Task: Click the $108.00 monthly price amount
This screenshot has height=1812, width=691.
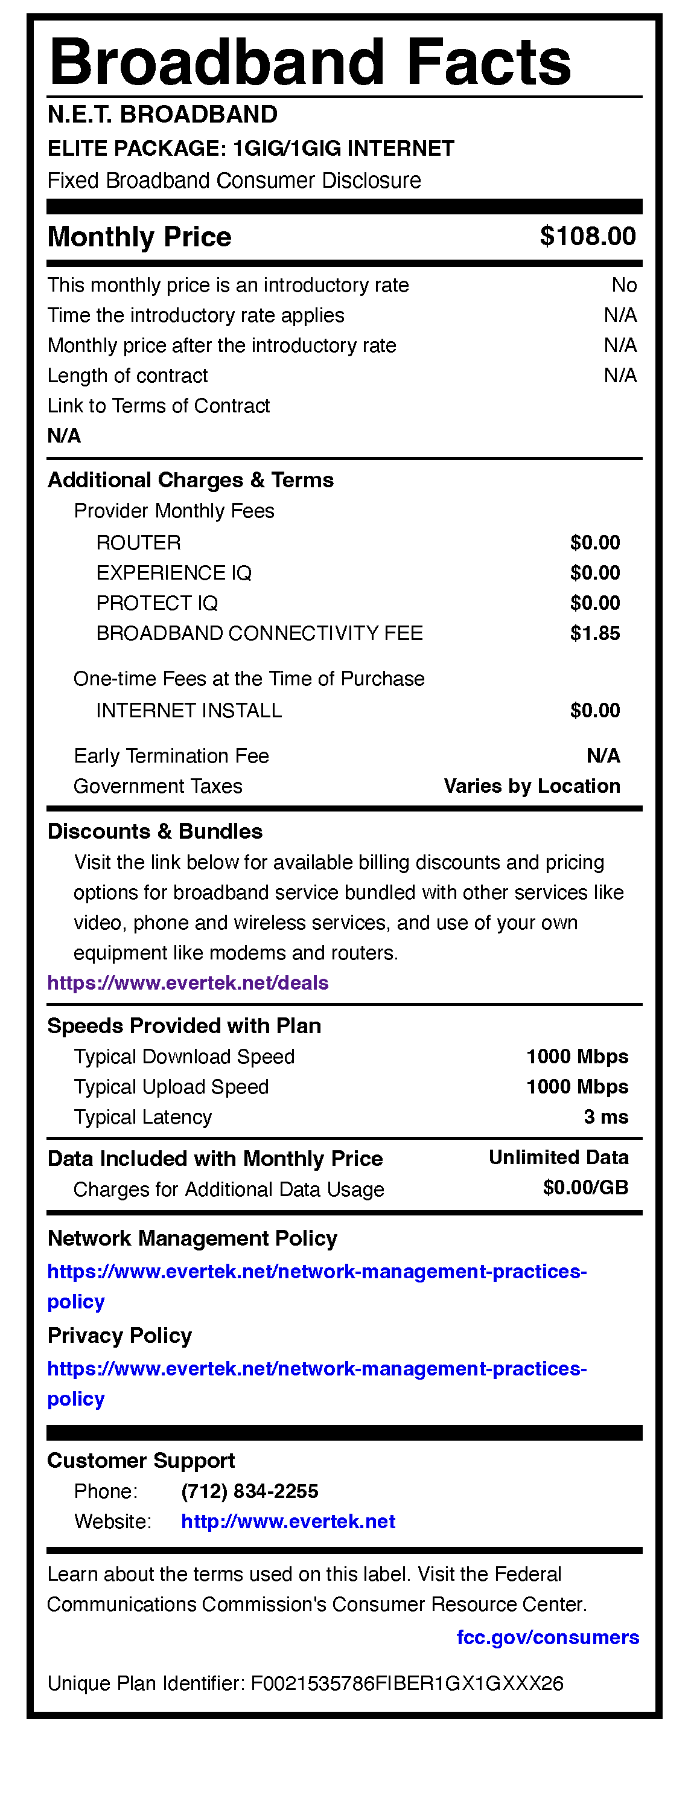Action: pos(588,236)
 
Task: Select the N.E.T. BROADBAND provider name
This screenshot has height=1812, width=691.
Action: pos(162,114)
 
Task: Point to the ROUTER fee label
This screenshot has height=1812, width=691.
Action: pos(138,542)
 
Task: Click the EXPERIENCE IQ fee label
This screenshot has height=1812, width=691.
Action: pos(174,572)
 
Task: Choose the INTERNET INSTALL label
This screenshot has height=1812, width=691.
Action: pos(188,711)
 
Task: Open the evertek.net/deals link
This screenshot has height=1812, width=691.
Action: pos(188,982)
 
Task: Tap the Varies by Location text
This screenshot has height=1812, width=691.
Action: pos(532,786)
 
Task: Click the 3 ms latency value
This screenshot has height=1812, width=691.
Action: pos(606,1117)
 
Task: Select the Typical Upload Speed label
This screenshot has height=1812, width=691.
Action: pos(171,1087)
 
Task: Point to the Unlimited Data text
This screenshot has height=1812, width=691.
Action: pos(558,1157)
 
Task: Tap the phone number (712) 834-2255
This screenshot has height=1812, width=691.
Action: pos(250,1491)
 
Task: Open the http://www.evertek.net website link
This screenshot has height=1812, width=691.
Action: pos(288,1522)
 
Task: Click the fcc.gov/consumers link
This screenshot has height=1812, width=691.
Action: pos(547,1638)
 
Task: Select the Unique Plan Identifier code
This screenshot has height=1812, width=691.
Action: pos(407,1683)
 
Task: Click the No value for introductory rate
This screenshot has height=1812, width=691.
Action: pos(623,285)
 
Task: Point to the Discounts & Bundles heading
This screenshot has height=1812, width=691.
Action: pos(154,831)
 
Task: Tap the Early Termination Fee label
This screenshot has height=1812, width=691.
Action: pos(171,755)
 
